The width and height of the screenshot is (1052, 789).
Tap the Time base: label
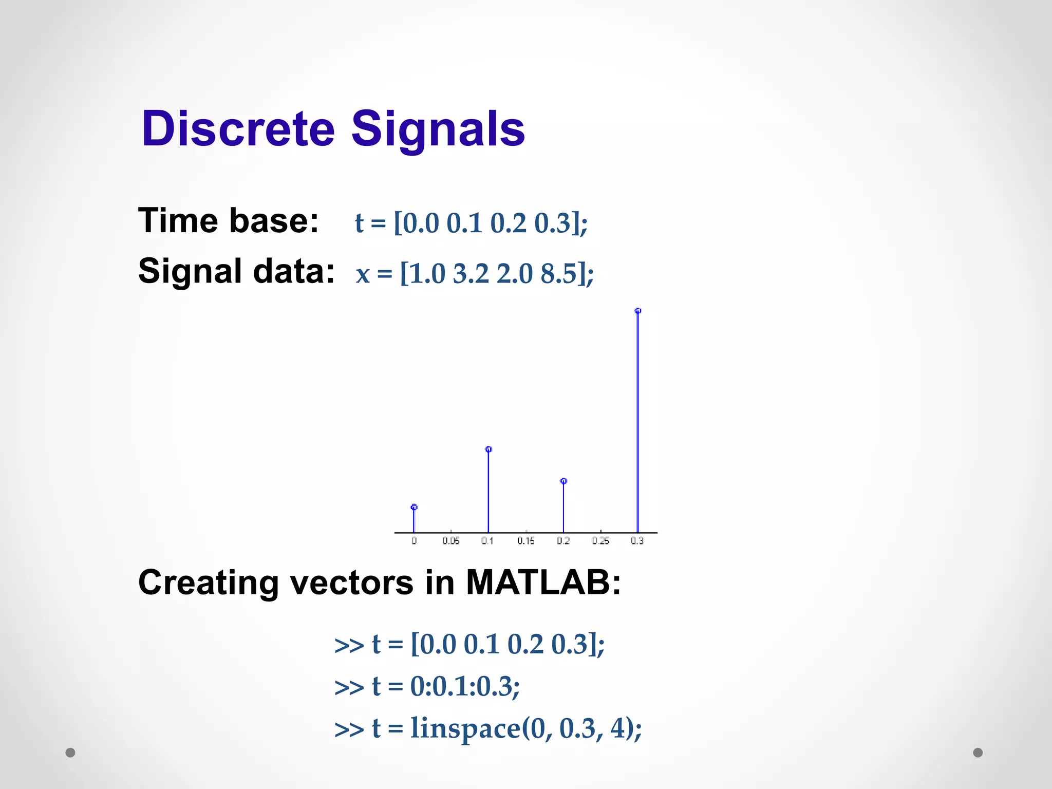pyautogui.click(x=228, y=221)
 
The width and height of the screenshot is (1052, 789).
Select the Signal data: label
pyautogui.click(x=236, y=271)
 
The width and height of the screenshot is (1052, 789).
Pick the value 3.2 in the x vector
pyautogui.click(x=471, y=273)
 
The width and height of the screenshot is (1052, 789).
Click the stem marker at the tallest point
pyautogui.click(x=638, y=311)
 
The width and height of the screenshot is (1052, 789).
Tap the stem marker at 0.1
pyautogui.click(x=489, y=449)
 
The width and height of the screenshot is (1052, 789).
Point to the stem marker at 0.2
pyautogui.click(x=563, y=481)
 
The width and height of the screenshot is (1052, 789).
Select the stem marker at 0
pyautogui.click(x=414, y=508)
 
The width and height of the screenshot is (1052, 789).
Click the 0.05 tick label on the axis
pyautogui.click(x=451, y=541)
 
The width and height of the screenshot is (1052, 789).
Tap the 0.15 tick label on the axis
pyautogui.click(x=525, y=541)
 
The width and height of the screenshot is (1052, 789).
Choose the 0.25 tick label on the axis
pyautogui.click(x=600, y=541)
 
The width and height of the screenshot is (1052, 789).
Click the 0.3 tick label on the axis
pyautogui.click(x=637, y=541)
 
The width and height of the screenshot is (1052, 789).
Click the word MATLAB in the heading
pyautogui.click(x=543, y=583)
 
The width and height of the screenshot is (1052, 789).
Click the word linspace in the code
pyautogui.click(x=465, y=728)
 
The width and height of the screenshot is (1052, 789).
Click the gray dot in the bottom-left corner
pyautogui.click(x=70, y=753)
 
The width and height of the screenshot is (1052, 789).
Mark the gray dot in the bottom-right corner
pyautogui.click(x=978, y=753)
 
